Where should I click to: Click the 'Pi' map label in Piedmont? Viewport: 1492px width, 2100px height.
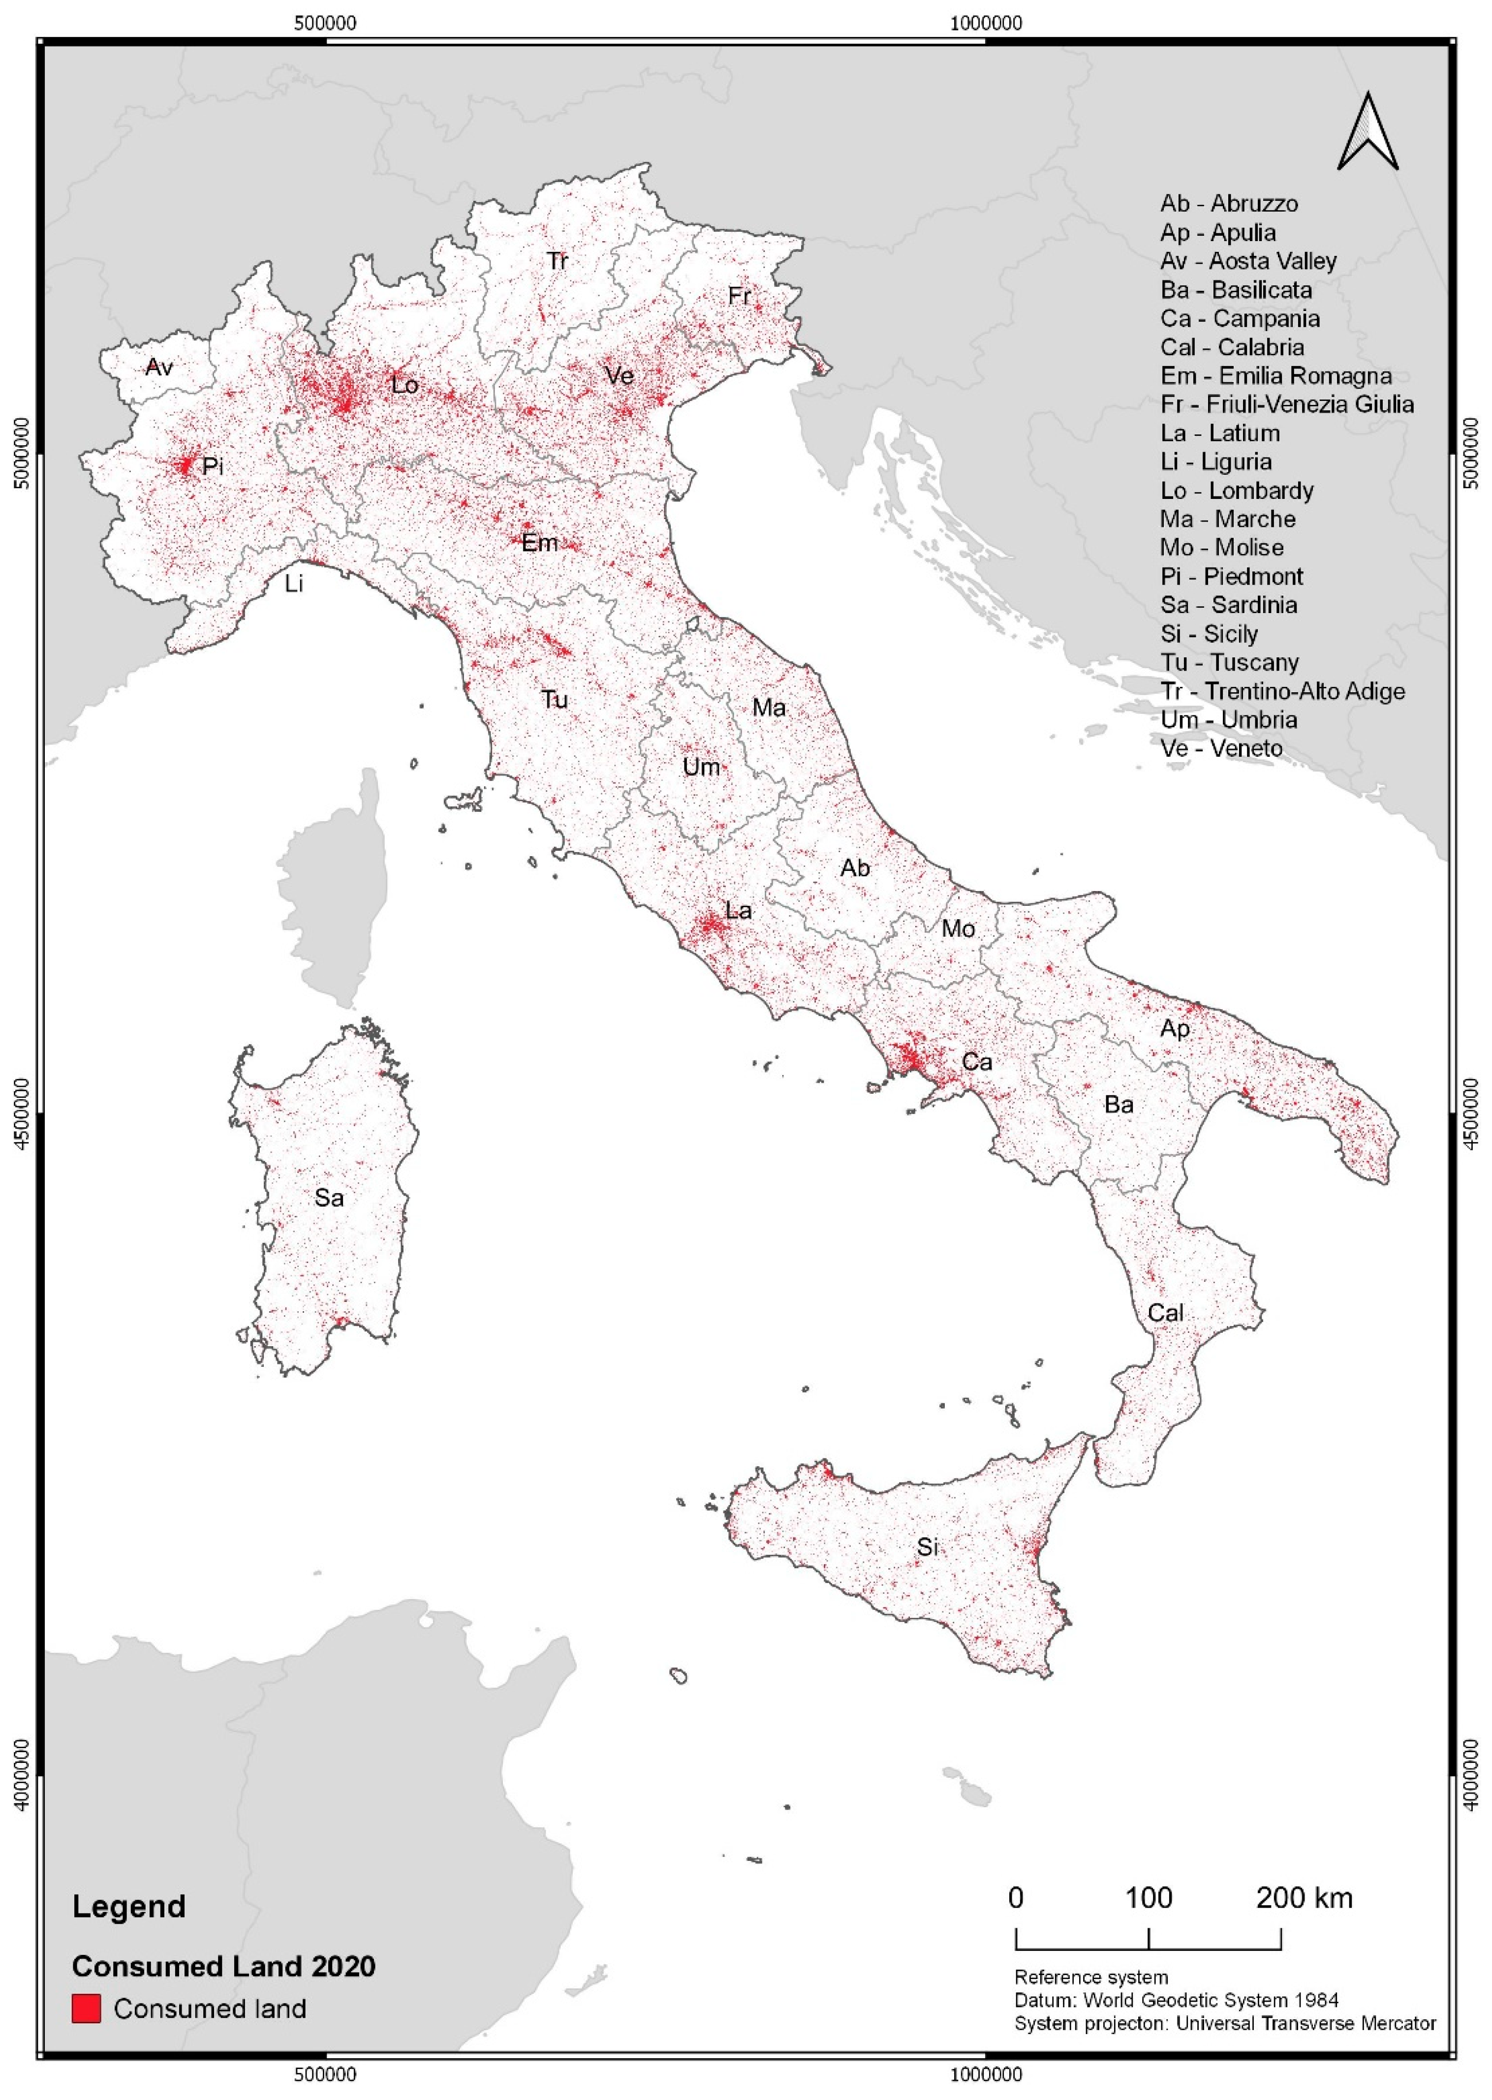212,466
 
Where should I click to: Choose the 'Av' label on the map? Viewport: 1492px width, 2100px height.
159,368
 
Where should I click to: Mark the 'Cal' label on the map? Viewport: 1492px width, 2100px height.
1165,1313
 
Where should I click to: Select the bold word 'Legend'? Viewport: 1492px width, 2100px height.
128,1906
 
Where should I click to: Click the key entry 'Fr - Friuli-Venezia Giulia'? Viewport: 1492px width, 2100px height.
1286,404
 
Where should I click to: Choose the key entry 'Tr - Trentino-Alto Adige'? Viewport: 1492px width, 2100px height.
1281,691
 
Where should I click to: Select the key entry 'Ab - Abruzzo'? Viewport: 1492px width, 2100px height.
1228,203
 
